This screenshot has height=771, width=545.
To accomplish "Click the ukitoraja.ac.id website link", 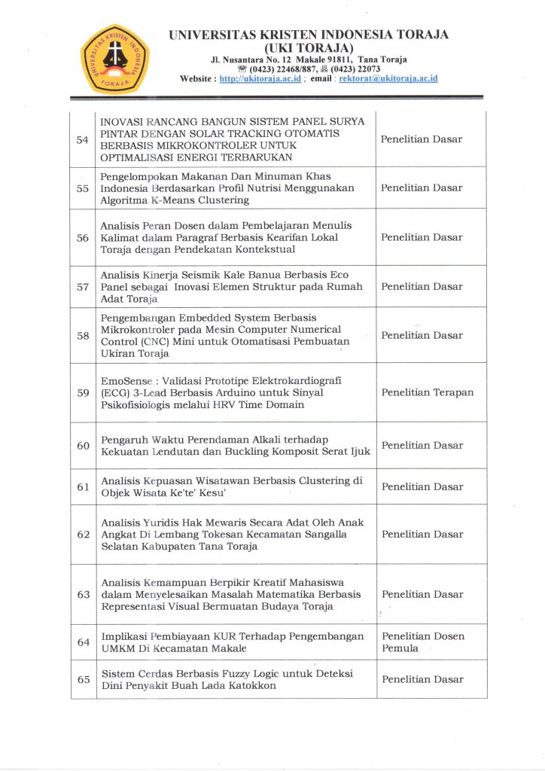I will pyautogui.click(x=260, y=78).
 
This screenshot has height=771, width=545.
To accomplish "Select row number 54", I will pyautogui.click(x=84, y=139).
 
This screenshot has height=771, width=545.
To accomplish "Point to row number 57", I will pyautogui.click(x=84, y=287).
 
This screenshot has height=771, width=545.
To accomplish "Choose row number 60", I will pyautogui.click(x=84, y=445).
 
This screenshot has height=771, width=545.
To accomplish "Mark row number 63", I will pyautogui.click(x=84, y=594).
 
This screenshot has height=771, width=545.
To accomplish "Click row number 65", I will pyautogui.click(x=84, y=679).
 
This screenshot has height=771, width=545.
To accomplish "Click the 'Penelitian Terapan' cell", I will pyautogui.click(x=427, y=392).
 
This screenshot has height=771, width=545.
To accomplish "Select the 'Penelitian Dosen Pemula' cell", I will pyautogui.click(x=422, y=641).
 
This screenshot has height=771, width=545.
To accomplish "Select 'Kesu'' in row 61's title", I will pyautogui.click(x=210, y=493).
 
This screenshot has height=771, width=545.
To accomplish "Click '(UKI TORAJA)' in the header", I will pyautogui.click(x=309, y=47).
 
